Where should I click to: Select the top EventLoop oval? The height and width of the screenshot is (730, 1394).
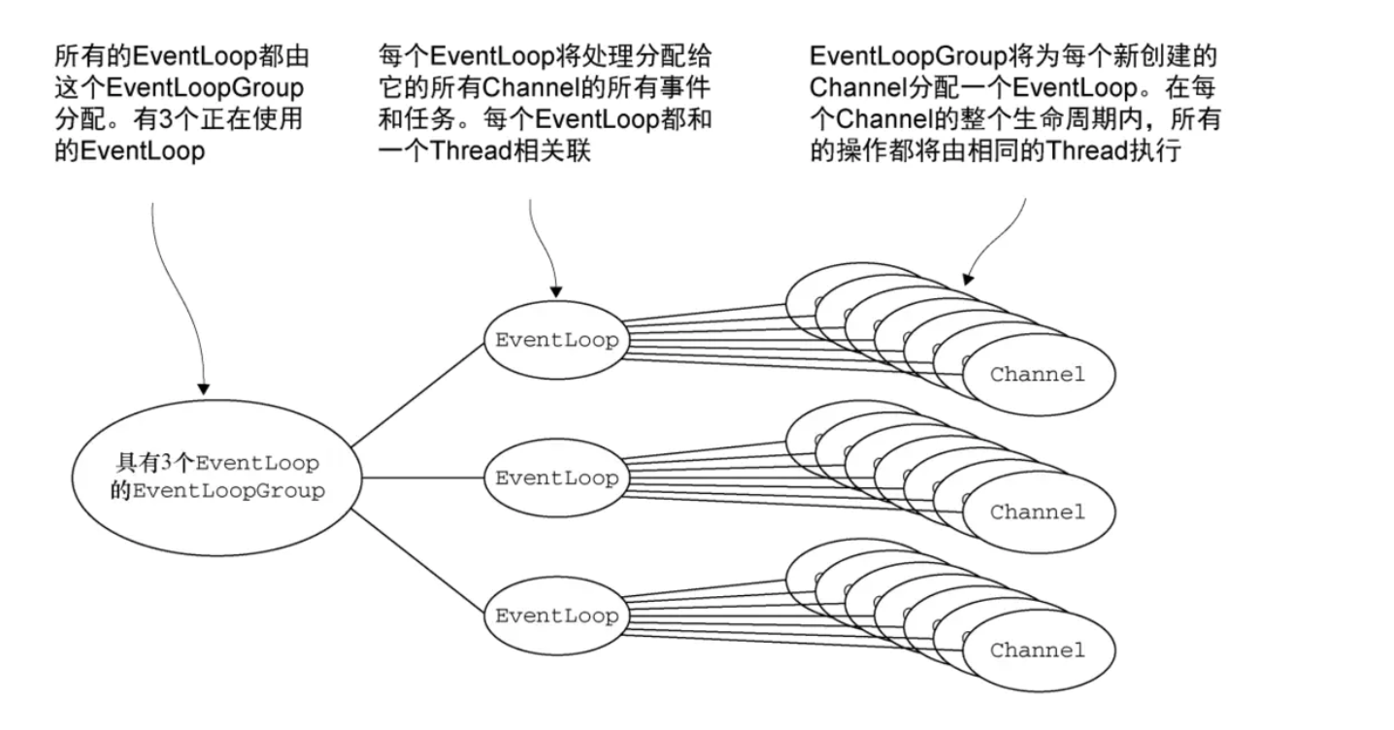click(x=556, y=341)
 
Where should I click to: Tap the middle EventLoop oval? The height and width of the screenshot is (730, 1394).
click(x=556, y=478)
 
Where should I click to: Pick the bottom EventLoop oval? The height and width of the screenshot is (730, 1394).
click(x=556, y=615)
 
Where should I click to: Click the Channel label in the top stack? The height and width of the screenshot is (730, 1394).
click(x=1037, y=374)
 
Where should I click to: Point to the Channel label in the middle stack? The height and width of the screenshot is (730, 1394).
click(x=1037, y=512)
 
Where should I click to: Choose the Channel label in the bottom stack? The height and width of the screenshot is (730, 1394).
click(x=1037, y=649)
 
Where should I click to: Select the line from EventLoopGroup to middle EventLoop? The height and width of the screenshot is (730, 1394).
click(x=421, y=478)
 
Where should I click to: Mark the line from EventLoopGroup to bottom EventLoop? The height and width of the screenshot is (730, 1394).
click(x=417, y=560)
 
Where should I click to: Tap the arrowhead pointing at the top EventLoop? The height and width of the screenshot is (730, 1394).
click(x=555, y=290)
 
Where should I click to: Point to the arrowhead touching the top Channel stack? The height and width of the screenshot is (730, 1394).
click(x=970, y=279)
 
